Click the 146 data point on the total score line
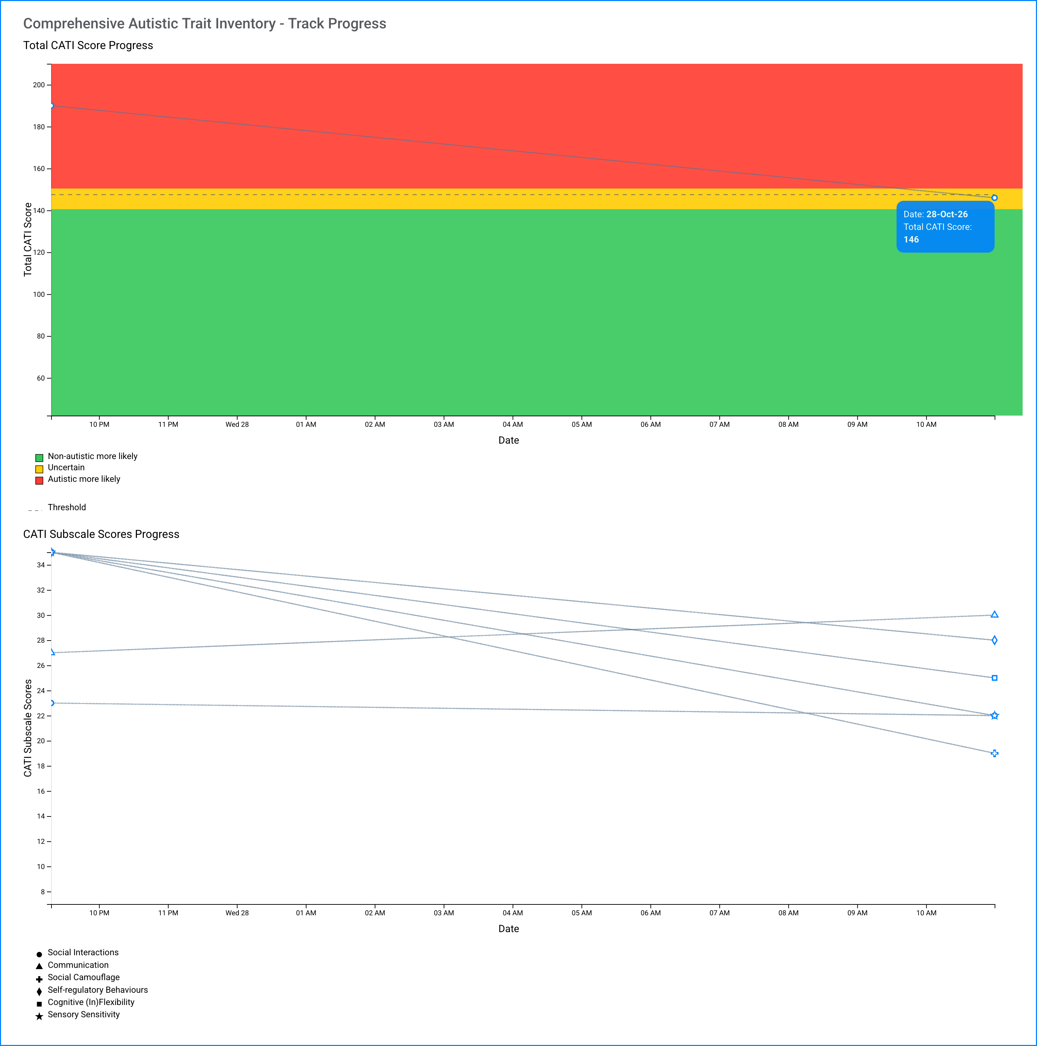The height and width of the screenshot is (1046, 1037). coord(994,198)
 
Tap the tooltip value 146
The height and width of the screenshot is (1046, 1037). coord(911,240)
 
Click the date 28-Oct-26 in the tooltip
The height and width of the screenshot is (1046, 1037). coord(947,214)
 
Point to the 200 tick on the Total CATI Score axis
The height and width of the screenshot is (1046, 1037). coord(39,85)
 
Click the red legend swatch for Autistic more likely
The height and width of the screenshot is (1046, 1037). coord(39,480)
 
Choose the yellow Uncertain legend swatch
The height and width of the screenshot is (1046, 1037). coord(39,469)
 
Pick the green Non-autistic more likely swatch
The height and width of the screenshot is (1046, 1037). coord(39,458)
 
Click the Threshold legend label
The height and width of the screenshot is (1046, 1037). coord(67,507)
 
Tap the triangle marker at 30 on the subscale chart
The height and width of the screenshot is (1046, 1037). coord(994,615)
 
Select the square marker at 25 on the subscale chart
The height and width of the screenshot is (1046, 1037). coord(994,678)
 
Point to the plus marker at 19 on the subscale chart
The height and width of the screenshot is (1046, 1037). coord(994,753)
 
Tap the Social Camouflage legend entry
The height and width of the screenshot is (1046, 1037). coord(83,977)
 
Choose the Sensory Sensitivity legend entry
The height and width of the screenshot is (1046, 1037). coord(83,1014)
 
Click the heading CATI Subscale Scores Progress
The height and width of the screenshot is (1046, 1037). coord(101,534)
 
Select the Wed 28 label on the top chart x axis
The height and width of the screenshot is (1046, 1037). coord(237,424)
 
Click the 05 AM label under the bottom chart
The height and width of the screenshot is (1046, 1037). coord(582,913)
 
